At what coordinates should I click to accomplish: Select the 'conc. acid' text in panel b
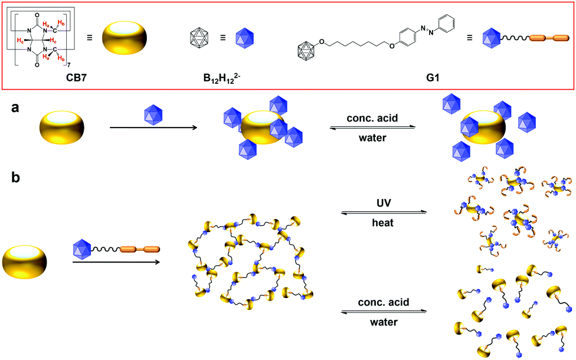384,302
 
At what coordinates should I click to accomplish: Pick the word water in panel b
384,324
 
